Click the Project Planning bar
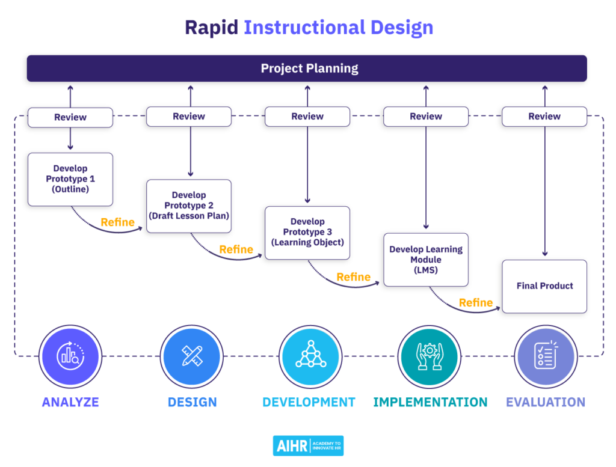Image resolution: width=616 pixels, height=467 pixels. click(x=307, y=69)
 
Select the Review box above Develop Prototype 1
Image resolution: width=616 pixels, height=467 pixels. click(x=70, y=117)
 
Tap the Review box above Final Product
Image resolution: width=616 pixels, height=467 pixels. click(x=544, y=117)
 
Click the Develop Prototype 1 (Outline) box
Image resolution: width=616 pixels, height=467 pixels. click(x=70, y=179)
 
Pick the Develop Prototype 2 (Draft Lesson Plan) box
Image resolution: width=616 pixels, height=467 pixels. click(x=189, y=206)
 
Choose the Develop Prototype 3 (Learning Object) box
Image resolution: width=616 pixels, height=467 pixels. click(x=307, y=233)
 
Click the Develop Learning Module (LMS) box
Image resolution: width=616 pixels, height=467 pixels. click(x=426, y=260)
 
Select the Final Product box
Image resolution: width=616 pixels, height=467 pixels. click(x=544, y=286)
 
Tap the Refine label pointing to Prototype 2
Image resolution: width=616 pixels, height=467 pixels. click(x=118, y=222)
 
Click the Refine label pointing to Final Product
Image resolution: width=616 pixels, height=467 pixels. click(x=476, y=303)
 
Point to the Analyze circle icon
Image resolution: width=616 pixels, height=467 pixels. click(x=70, y=356)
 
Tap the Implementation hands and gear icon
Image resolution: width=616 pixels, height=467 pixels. click(x=429, y=356)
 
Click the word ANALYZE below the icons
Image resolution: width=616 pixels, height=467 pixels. click(x=70, y=402)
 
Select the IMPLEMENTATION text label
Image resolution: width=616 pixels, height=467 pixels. click(x=430, y=402)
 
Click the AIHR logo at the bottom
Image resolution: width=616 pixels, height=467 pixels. click(x=308, y=446)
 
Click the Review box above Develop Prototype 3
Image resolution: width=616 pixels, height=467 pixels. click(x=307, y=117)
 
